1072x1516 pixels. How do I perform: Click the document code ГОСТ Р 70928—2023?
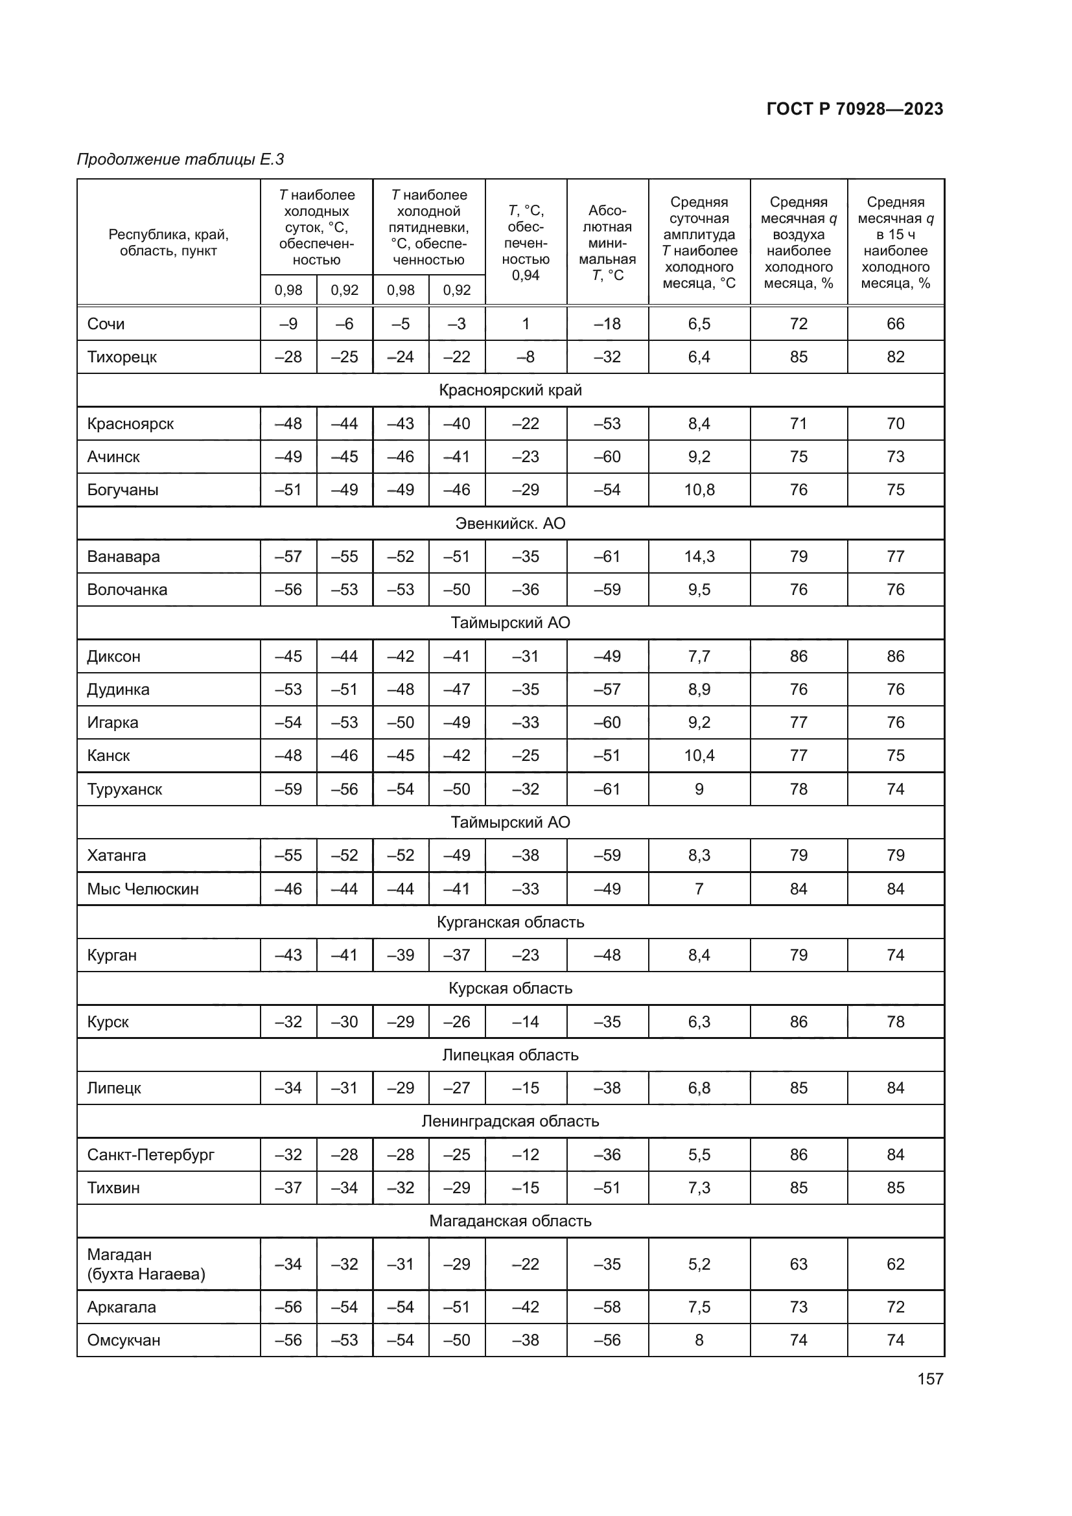[x=854, y=109]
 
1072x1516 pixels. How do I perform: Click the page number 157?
[x=929, y=1379]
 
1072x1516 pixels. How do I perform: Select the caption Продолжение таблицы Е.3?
[x=180, y=159]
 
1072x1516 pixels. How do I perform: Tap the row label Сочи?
[x=106, y=323]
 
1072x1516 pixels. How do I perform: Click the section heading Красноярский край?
[x=510, y=390]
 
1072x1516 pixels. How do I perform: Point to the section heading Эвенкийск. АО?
[x=510, y=523]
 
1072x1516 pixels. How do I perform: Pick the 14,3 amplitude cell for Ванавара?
[x=699, y=557]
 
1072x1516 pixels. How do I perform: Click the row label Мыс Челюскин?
[x=143, y=889]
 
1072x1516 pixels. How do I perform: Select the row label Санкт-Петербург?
[x=150, y=1155]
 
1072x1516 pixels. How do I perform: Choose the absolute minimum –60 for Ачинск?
[x=607, y=457]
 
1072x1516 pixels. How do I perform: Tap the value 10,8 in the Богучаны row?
[x=699, y=490]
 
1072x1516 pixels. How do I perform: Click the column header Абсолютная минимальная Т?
[x=607, y=242]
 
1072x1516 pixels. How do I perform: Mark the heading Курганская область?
[x=510, y=922]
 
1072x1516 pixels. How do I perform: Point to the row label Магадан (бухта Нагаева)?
[x=146, y=1264]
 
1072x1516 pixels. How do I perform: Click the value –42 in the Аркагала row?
[x=526, y=1307]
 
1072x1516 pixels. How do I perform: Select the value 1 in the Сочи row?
[x=526, y=323]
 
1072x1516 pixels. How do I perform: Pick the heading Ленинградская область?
[x=510, y=1121]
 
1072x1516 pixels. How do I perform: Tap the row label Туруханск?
[x=124, y=789]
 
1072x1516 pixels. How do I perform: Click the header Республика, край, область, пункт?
[x=169, y=242]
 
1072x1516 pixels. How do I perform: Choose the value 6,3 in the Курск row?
[x=699, y=1021]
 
